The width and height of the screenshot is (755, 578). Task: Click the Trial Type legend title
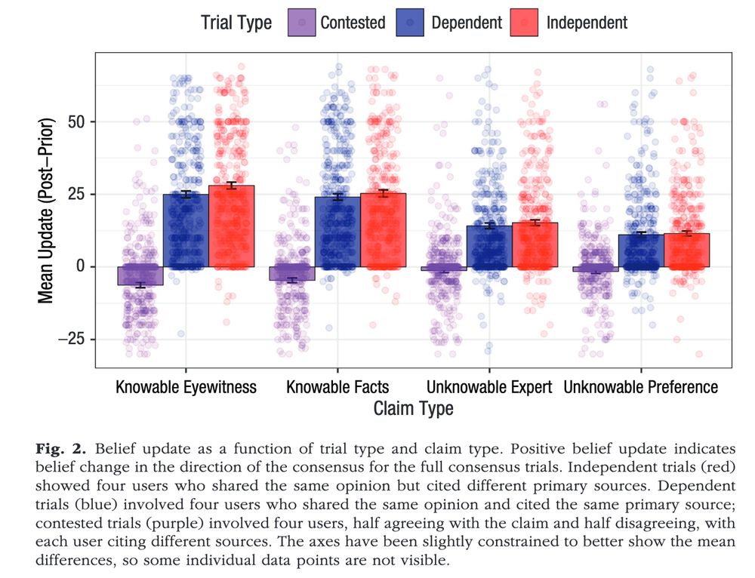236,23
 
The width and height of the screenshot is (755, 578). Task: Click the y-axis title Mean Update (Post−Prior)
46,210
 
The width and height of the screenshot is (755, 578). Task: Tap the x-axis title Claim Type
413,409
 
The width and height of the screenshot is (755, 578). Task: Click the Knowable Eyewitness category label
186,387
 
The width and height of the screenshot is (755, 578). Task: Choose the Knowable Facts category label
337,387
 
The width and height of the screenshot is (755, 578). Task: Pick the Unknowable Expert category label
489,387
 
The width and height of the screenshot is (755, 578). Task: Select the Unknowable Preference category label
641,387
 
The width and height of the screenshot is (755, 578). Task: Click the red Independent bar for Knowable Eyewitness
231,226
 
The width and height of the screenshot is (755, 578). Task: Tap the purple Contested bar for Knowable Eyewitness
140,275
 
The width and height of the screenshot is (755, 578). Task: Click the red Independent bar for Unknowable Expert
535,245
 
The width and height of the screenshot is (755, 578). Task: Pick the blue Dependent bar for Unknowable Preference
641,251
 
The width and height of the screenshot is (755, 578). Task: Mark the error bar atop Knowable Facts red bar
383,193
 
